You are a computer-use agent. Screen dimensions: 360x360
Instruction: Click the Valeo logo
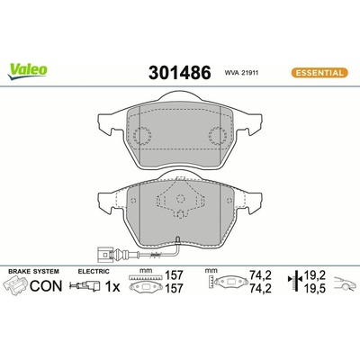28,71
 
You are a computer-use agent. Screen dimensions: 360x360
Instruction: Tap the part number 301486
180,73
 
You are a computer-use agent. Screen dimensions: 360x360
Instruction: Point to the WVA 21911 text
241,73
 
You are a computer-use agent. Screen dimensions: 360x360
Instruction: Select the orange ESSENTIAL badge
319,73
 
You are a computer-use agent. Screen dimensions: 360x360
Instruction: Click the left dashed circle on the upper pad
142,135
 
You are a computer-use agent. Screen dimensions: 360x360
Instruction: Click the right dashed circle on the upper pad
218,135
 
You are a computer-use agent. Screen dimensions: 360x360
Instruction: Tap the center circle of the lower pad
180,198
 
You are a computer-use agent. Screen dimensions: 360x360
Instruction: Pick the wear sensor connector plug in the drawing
104,255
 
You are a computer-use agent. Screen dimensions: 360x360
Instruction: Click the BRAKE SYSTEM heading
33,271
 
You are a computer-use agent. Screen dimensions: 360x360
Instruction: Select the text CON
46,286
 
